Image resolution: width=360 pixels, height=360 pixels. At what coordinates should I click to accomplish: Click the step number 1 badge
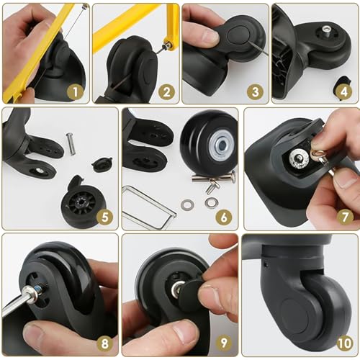pyautogui.click(x=73, y=91)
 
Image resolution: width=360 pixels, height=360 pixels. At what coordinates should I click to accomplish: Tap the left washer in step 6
pyautogui.click(x=187, y=205)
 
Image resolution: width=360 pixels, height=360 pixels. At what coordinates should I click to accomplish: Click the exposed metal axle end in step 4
pyautogui.click(x=326, y=30)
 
